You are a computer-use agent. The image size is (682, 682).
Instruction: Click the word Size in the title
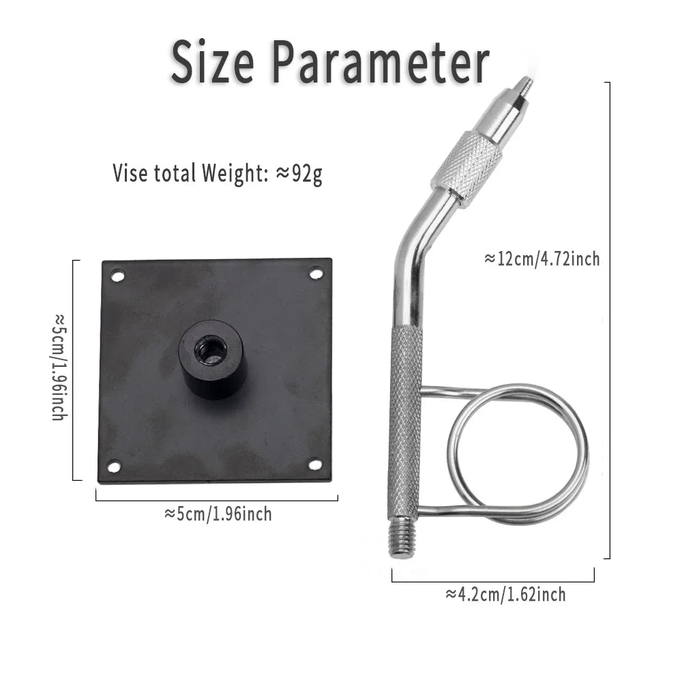click(212, 61)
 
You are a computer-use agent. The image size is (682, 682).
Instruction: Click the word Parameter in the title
click(381, 61)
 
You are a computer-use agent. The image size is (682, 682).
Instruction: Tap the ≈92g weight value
click(299, 173)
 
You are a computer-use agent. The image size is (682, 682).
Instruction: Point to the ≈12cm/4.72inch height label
click(542, 258)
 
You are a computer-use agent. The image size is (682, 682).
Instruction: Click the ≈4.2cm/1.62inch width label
click(505, 594)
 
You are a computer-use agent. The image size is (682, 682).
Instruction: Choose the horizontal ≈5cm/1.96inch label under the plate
click(218, 514)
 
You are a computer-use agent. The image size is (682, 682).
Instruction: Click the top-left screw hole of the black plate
click(117, 276)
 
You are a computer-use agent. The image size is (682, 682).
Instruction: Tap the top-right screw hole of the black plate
click(316, 274)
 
